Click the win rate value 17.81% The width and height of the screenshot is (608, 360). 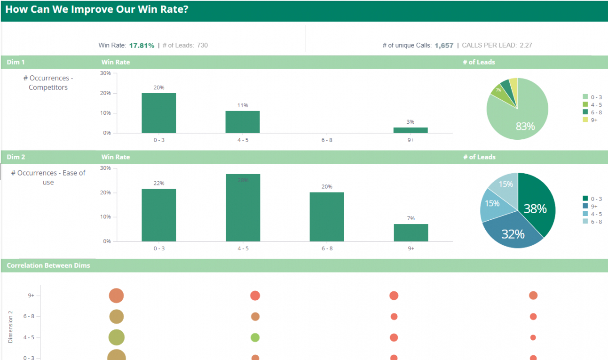tap(142, 46)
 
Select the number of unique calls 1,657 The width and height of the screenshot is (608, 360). tap(444, 46)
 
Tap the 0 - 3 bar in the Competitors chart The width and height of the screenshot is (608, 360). tap(159, 113)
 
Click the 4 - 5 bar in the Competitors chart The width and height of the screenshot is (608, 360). tap(243, 122)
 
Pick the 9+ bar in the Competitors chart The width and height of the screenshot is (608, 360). tap(411, 130)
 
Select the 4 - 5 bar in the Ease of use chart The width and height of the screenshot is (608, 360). tap(243, 208)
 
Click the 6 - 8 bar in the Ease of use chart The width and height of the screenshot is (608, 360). tap(327, 216)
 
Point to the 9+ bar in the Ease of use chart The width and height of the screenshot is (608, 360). tap(411, 232)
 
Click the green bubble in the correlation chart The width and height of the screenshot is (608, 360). tap(255, 337)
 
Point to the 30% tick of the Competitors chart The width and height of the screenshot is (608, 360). tap(105, 73)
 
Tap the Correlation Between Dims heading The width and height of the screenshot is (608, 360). tap(48, 265)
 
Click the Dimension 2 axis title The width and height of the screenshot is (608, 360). tap(10, 326)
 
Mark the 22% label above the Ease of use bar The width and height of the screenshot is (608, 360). tap(159, 183)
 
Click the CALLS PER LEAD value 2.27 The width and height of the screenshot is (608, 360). tap(526, 46)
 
